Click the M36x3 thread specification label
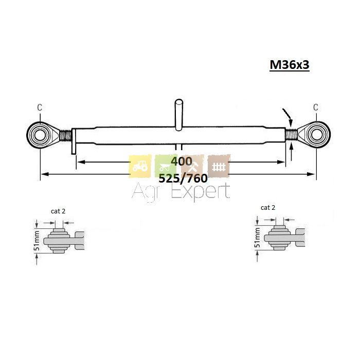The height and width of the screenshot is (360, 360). [x=290, y=65]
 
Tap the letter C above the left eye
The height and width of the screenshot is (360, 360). [x=40, y=107]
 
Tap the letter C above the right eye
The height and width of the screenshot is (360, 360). [x=316, y=107]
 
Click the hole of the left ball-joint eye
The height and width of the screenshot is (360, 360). [x=40, y=135]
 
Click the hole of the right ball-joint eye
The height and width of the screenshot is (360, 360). [x=317, y=135]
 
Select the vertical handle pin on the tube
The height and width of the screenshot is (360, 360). [x=179, y=115]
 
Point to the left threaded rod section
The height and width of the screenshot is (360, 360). [x=66, y=135]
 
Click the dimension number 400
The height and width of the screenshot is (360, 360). [x=182, y=161]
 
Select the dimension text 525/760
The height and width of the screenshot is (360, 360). [x=183, y=178]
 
